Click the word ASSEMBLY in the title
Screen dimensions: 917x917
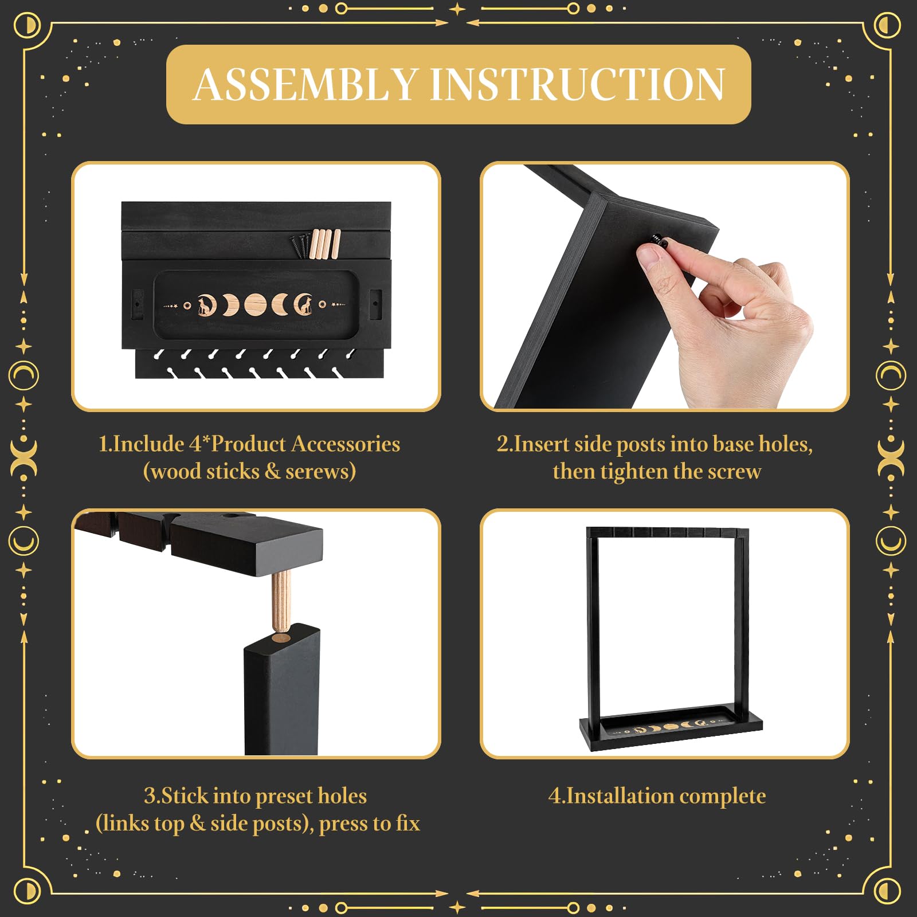click(305, 84)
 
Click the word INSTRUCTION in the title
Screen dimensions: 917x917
click(578, 84)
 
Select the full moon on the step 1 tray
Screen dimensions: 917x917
click(255, 305)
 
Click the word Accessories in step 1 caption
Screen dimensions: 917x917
click(346, 444)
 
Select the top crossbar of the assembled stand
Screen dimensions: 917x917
click(668, 532)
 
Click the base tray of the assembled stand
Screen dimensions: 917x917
click(671, 727)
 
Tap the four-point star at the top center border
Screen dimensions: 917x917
click(457, 9)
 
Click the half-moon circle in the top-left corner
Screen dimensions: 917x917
click(27, 25)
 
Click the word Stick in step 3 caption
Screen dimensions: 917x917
click(179, 796)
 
